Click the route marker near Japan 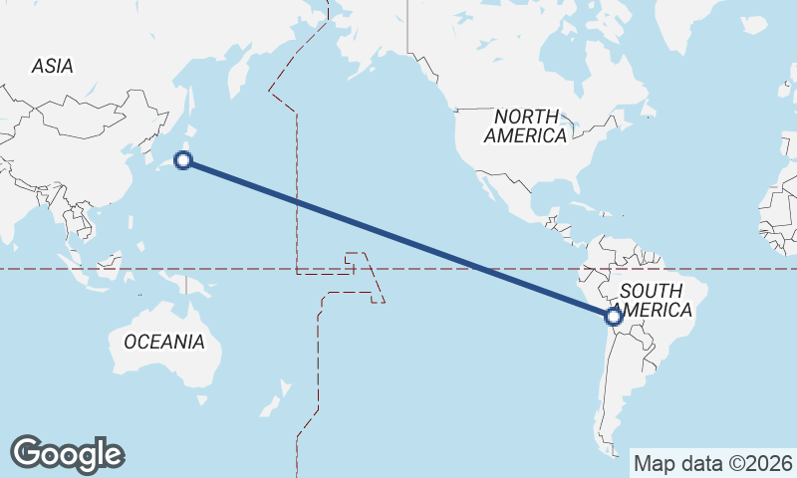(183, 159)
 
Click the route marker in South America (614, 317)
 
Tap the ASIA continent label (52, 67)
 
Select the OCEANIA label (164, 342)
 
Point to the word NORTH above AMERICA (527, 117)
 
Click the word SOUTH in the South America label (651, 291)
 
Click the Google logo (67, 454)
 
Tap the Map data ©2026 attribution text (712, 463)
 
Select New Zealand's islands (271, 404)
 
